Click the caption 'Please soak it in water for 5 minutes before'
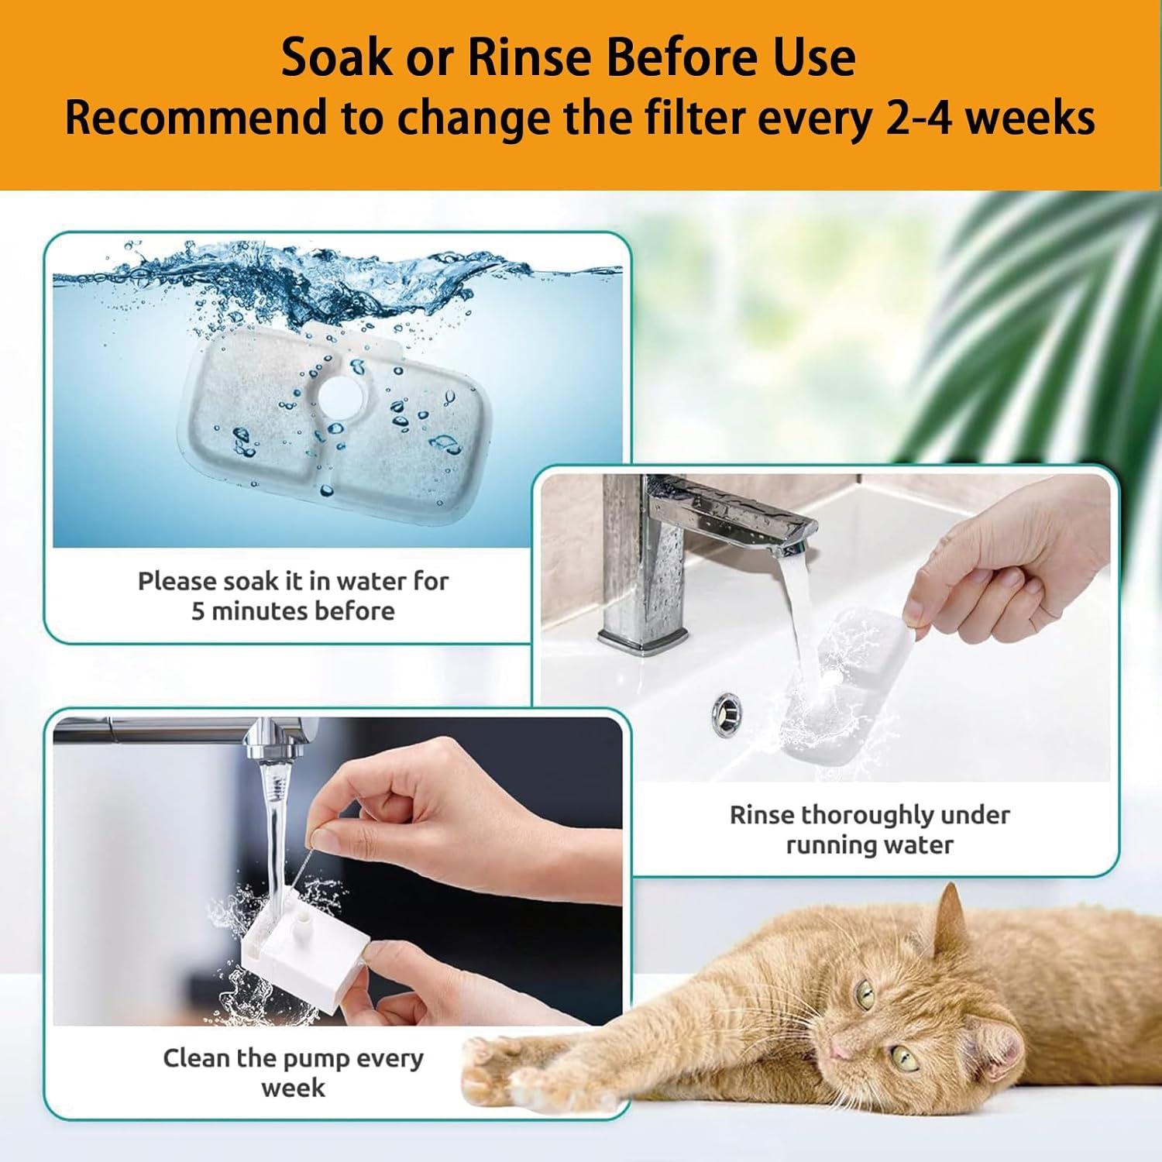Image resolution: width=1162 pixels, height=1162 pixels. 293,596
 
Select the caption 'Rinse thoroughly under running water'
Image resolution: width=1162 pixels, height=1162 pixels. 869,829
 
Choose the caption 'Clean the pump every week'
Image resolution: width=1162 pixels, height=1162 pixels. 293,1073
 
